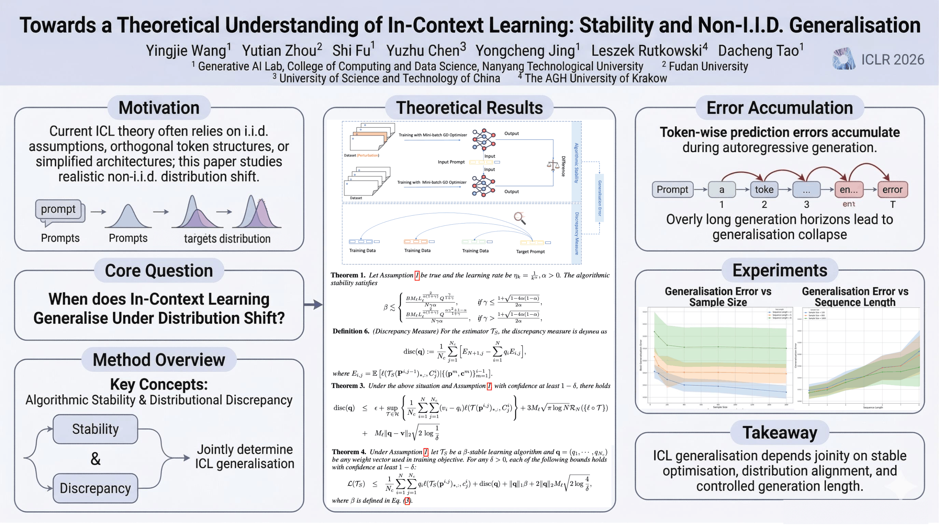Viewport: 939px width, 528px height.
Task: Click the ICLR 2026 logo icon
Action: tap(843, 59)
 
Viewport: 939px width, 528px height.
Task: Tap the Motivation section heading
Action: tap(159, 108)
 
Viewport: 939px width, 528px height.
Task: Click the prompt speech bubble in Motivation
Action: tap(59, 209)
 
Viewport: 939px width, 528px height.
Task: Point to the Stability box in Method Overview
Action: tap(95, 429)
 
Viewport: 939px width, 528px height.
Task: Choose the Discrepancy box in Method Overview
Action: tap(95, 488)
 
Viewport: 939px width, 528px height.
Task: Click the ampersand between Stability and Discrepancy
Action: tap(95, 459)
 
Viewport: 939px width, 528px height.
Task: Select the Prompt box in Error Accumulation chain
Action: tap(672, 189)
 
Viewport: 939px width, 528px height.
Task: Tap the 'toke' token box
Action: tap(764, 189)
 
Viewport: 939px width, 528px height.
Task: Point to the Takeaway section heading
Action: tap(780, 433)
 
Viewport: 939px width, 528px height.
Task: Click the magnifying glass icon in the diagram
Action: tap(520, 218)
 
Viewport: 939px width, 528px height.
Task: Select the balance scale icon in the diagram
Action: tap(553, 165)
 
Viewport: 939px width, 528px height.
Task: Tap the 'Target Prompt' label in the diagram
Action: tap(530, 251)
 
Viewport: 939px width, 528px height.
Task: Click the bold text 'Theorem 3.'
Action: tap(348, 386)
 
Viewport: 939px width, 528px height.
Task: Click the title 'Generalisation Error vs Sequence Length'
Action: tap(855, 297)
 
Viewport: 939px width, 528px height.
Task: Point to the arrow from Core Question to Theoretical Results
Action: tap(313, 304)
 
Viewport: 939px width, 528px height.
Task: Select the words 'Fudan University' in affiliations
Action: tap(708, 66)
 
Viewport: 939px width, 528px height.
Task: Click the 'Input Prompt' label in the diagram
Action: tap(451, 162)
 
